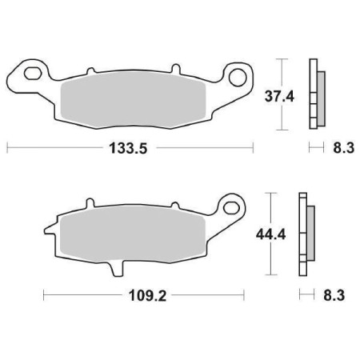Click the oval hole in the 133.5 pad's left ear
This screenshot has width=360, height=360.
33,76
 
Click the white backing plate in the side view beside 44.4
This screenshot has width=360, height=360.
302,236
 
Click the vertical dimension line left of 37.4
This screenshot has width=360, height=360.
282,94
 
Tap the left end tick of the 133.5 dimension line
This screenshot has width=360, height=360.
7,147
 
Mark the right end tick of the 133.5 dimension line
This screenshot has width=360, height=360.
254,147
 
